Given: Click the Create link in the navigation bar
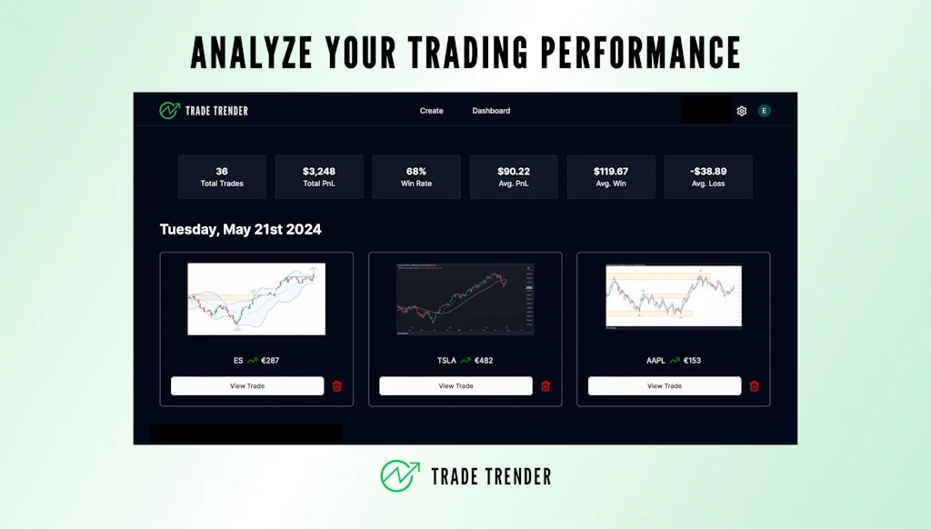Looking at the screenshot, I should [431, 111].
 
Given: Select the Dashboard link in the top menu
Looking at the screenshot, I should [491, 111].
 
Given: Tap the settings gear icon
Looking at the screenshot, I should [742, 111].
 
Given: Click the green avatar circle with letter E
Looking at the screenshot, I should [765, 111].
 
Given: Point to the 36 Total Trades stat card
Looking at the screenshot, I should [222, 176].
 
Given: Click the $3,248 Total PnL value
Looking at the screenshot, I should [319, 171].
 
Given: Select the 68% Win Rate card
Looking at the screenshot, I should [416, 176].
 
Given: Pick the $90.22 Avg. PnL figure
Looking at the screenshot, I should [514, 171].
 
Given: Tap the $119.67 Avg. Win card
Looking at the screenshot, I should [611, 176].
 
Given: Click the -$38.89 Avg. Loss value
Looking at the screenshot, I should [708, 171].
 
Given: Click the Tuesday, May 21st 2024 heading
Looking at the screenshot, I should [241, 229].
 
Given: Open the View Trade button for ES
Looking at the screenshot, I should [247, 386].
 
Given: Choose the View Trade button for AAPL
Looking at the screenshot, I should [665, 386].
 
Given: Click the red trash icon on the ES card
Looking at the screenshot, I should [337, 386].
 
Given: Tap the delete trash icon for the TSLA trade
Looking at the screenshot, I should [546, 386].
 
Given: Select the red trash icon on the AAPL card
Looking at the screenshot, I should [754, 386].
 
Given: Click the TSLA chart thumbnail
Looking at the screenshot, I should [465, 299].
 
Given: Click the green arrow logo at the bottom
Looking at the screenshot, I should [400, 475].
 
